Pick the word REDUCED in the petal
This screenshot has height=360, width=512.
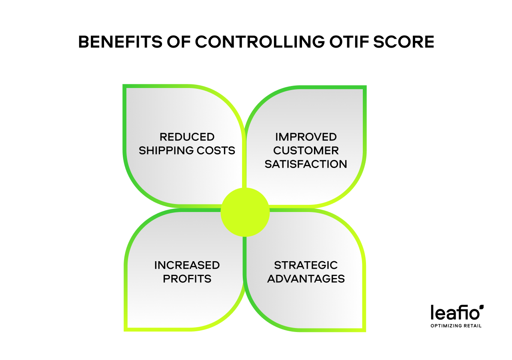pyautogui.click(x=187, y=137)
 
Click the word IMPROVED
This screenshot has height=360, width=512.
pyautogui.click(x=306, y=137)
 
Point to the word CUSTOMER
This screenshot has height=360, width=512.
pyautogui.click(x=306, y=150)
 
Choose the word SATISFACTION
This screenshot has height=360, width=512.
pyautogui.click(x=306, y=164)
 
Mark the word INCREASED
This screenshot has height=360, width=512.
pyautogui.click(x=187, y=265)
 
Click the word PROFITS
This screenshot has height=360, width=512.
pyautogui.click(x=187, y=279)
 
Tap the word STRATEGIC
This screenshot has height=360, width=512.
pyautogui.click(x=306, y=265)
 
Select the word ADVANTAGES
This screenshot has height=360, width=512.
pyautogui.click(x=306, y=279)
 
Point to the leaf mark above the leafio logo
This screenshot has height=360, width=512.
pyautogui.click(x=482, y=307)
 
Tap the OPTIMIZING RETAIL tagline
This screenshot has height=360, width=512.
pyautogui.click(x=456, y=326)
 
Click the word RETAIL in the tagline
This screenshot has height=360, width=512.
pyautogui.click(x=472, y=326)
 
